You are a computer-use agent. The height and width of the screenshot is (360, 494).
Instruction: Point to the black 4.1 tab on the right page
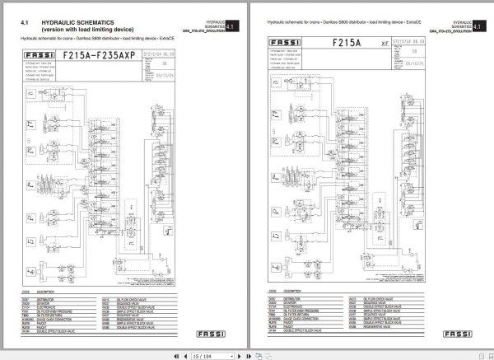(478, 26)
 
